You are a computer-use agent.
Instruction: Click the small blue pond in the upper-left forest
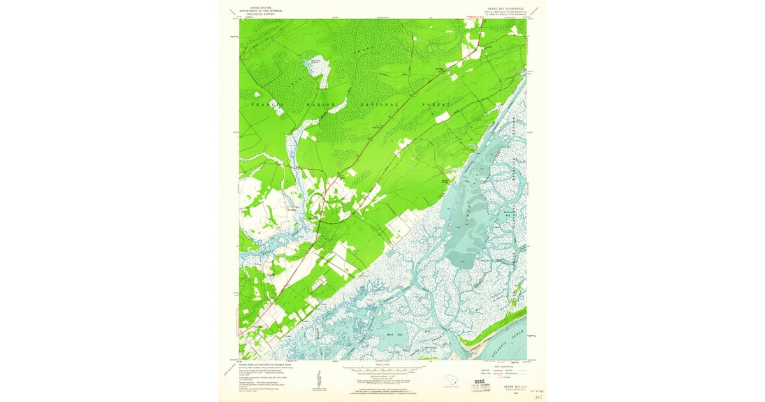(314, 63)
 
